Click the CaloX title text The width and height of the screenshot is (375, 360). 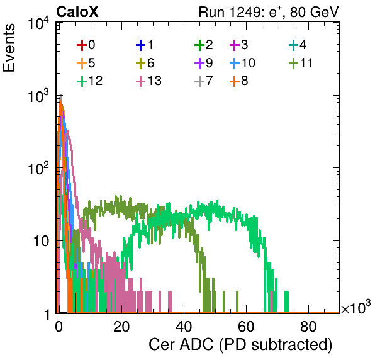coord(77,12)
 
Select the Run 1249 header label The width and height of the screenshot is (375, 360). coord(269,12)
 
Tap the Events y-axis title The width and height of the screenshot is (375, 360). coord(9,48)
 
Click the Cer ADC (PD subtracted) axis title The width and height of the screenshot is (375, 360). coord(240,344)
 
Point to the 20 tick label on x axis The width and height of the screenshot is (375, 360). coord(121,327)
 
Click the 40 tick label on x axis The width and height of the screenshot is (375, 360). coord(184,327)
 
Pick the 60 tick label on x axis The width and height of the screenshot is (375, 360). coord(246,327)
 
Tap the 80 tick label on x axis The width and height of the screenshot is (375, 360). coord(308,327)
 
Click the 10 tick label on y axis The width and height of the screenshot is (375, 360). coord(41,241)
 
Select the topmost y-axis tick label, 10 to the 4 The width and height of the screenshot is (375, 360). coord(39,23)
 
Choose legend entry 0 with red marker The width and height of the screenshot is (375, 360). coord(86,45)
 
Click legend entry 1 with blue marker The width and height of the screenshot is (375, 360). coord(145,45)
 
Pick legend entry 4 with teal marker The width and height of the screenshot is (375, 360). coord(298,45)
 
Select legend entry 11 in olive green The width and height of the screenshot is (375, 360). coord(301,63)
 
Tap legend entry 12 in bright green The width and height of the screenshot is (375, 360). coord(90,81)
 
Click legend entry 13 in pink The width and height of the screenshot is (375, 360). coord(148,81)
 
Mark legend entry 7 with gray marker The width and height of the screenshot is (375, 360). coord(203,81)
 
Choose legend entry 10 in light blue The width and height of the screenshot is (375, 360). coord(242,63)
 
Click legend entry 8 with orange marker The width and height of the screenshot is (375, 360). coord(238,81)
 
